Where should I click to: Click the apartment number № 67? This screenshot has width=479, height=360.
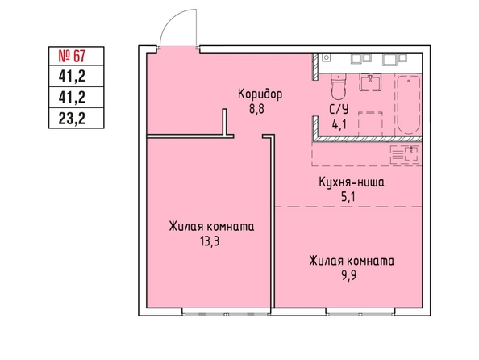coord(72,56)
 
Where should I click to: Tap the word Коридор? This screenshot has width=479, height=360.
coord(260,94)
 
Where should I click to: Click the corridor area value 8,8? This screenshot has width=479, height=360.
coord(256,109)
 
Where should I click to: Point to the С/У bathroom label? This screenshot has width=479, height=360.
coord(339,110)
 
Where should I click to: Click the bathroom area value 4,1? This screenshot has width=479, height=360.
coord(339,125)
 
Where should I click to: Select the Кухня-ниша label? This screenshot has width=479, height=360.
coord(352,182)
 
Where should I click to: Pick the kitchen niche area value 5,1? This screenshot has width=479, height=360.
coord(348,197)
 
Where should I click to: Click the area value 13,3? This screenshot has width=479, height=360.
coord(210,241)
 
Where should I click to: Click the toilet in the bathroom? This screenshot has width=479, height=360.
coord(338,86)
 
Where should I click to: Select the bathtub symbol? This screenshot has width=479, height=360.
coord(408,105)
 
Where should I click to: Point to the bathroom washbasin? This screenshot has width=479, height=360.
coord(371,82)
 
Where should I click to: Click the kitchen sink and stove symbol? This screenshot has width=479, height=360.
coord(405,155)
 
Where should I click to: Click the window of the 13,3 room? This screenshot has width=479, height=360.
coord(227,314)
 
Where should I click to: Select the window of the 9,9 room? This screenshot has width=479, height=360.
coord(360,314)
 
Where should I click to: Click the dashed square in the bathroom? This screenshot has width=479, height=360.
coord(370,124)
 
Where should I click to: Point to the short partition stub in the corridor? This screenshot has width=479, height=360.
coord(224,122)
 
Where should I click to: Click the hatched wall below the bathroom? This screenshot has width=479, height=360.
coord(367,139)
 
